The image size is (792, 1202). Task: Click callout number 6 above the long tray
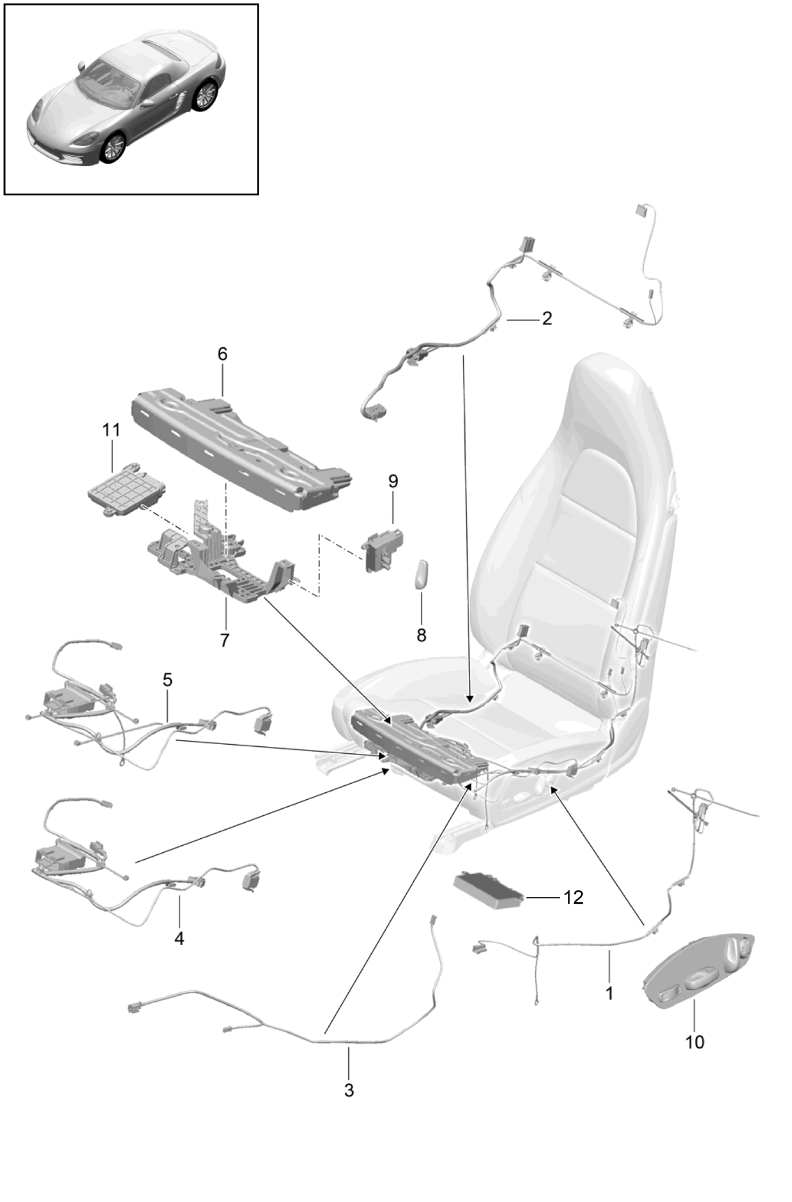(x=222, y=354)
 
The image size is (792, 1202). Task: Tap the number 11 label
(x=111, y=430)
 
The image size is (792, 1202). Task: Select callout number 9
(x=393, y=481)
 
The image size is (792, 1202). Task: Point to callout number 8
(x=421, y=635)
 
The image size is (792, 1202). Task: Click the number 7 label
(x=225, y=639)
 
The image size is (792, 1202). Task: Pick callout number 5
(x=167, y=680)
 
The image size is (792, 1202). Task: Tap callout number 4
(x=179, y=938)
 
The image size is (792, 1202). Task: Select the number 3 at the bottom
(x=349, y=1090)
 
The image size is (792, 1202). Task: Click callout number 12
(x=574, y=897)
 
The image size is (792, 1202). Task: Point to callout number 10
(x=694, y=1042)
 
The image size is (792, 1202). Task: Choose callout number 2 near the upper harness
(x=547, y=318)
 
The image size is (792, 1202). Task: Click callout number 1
(x=609, y=993)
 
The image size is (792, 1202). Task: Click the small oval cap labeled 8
(x=422, y=573)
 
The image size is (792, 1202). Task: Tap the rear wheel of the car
(x=205, y=95)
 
